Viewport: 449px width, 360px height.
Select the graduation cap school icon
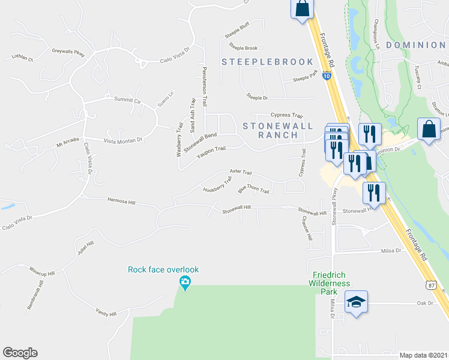356,301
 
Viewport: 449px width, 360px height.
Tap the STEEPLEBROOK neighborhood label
268,62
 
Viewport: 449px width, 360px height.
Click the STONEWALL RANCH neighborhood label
270,130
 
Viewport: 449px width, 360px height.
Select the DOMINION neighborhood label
415,45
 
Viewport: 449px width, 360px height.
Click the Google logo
20,353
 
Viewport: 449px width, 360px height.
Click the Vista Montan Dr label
122,140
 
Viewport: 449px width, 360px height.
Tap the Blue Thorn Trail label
253,190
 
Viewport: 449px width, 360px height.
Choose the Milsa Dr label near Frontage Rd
390,251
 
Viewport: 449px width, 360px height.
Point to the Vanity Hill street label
105,313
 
